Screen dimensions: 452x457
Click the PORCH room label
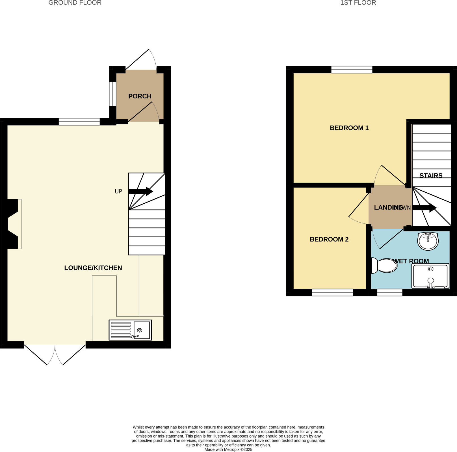tap(140, 96)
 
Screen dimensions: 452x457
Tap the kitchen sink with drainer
tap(130, 330)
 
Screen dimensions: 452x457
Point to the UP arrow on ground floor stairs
tap(141, 191)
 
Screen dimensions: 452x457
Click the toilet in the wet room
tap(384, 265)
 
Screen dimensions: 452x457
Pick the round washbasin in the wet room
tap(428, 241)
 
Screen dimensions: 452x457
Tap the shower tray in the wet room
tap(430, 276)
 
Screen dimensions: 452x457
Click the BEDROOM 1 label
tap(349, 128)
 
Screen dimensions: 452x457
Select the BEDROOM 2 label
tap(329, 239)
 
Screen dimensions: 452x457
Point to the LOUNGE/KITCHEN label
tap(93, 268)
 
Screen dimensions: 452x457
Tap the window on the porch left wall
tap(112, 94)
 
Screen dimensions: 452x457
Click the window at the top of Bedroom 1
tap(352, 69)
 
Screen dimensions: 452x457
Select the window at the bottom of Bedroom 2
tap(332, 292)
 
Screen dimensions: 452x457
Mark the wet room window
tap(389, 292)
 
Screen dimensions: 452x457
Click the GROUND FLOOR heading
tap(75, 3)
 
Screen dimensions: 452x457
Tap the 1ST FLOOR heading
tap(358, 3)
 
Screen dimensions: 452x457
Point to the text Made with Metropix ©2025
tap(228, 449)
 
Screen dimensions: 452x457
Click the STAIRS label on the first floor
tap(431, 176)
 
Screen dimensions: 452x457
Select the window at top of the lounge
tap(79, 122)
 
